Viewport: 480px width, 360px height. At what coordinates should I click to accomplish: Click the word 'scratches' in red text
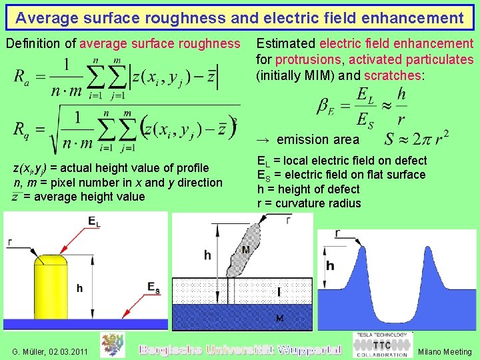pyautogui.click(x=393, y=75)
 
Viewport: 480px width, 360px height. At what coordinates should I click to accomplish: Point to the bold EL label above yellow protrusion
pyautogui.click(x=94, y=221)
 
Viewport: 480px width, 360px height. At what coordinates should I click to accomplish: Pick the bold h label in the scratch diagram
pyautogui.click(x=330, y=266)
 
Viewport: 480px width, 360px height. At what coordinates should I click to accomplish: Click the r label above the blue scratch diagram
pyautogui.click(x=339, y=233)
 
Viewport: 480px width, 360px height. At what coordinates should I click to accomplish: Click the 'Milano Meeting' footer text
pyautogui.click(x=445, y=351)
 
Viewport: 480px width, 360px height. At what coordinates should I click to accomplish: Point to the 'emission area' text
pyautogui.click(x=317, y=139)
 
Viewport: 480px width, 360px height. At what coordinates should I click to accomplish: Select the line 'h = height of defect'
pyautogui.click(x=308, y=189)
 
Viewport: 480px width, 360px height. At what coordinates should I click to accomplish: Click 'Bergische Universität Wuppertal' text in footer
pyautogui.click(x=239, y=349)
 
